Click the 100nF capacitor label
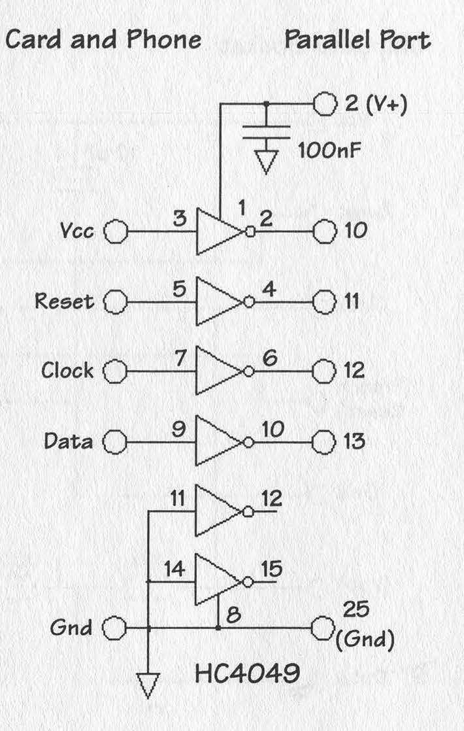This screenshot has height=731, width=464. [331, 151]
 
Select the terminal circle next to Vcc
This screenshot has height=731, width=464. [116, 231]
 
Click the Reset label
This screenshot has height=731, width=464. [64, 301]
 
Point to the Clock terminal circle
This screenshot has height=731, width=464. [116, 371]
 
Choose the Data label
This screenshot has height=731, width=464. [68, 441]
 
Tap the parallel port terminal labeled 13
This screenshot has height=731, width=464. [322, 442]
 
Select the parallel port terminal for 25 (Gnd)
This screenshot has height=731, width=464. [322, 628]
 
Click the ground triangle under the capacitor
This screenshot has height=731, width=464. [266, 161]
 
